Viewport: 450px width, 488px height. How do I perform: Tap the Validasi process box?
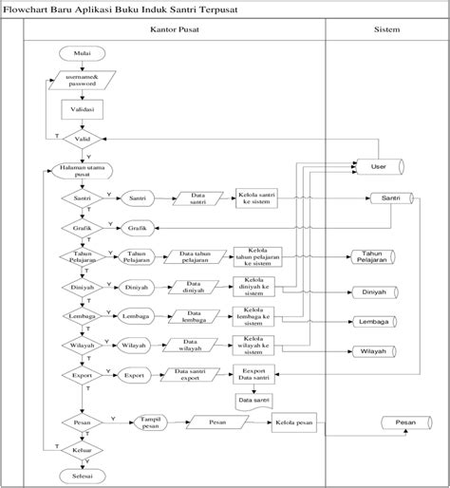76,110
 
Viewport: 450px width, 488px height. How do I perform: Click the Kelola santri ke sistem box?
256,199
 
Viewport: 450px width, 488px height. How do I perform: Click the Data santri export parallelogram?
195,375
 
